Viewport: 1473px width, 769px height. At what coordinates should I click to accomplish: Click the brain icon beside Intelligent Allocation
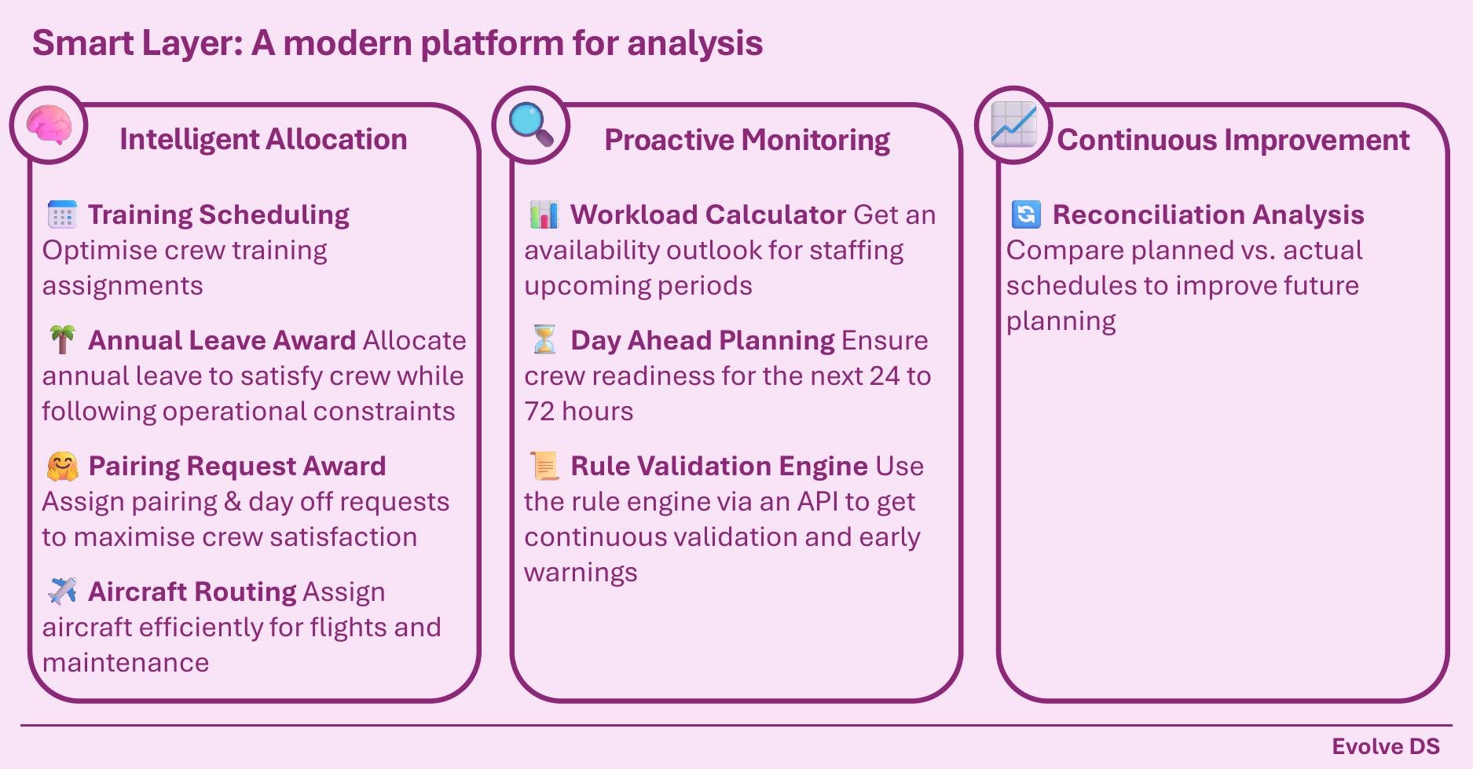point(49,126)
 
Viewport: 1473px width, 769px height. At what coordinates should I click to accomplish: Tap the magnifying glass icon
point(531,125)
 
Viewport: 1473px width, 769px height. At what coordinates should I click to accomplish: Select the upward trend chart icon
point(1013,125)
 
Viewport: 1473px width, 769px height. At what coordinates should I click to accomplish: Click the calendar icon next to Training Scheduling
point(62,214)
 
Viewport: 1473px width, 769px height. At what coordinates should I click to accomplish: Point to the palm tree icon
point(62,339)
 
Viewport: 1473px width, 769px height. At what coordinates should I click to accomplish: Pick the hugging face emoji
point(62,466)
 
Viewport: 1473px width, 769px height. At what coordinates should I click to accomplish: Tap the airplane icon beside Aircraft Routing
point(62,591)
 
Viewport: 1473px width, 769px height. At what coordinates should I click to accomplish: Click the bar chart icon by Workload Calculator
point(544,214)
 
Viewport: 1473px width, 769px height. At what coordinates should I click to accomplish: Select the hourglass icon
point(544,339)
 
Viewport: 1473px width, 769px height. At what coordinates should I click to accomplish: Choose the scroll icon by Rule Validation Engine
point(544,466)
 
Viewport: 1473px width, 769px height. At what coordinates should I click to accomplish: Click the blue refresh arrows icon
point(1026,214)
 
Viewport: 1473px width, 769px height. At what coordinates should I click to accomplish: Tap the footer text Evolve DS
point(1386,746)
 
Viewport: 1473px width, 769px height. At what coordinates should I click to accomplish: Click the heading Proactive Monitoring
point(747,140)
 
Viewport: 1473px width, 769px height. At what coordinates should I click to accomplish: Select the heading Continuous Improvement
point(1233,140)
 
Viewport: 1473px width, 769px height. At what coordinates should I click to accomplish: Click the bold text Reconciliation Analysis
point(1208,214)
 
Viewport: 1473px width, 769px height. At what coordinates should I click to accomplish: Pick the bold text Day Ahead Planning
point(702,340)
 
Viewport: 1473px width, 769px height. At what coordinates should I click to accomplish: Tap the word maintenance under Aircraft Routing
point(126,663)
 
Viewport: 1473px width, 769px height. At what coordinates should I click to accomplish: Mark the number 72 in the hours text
point(540,411)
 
